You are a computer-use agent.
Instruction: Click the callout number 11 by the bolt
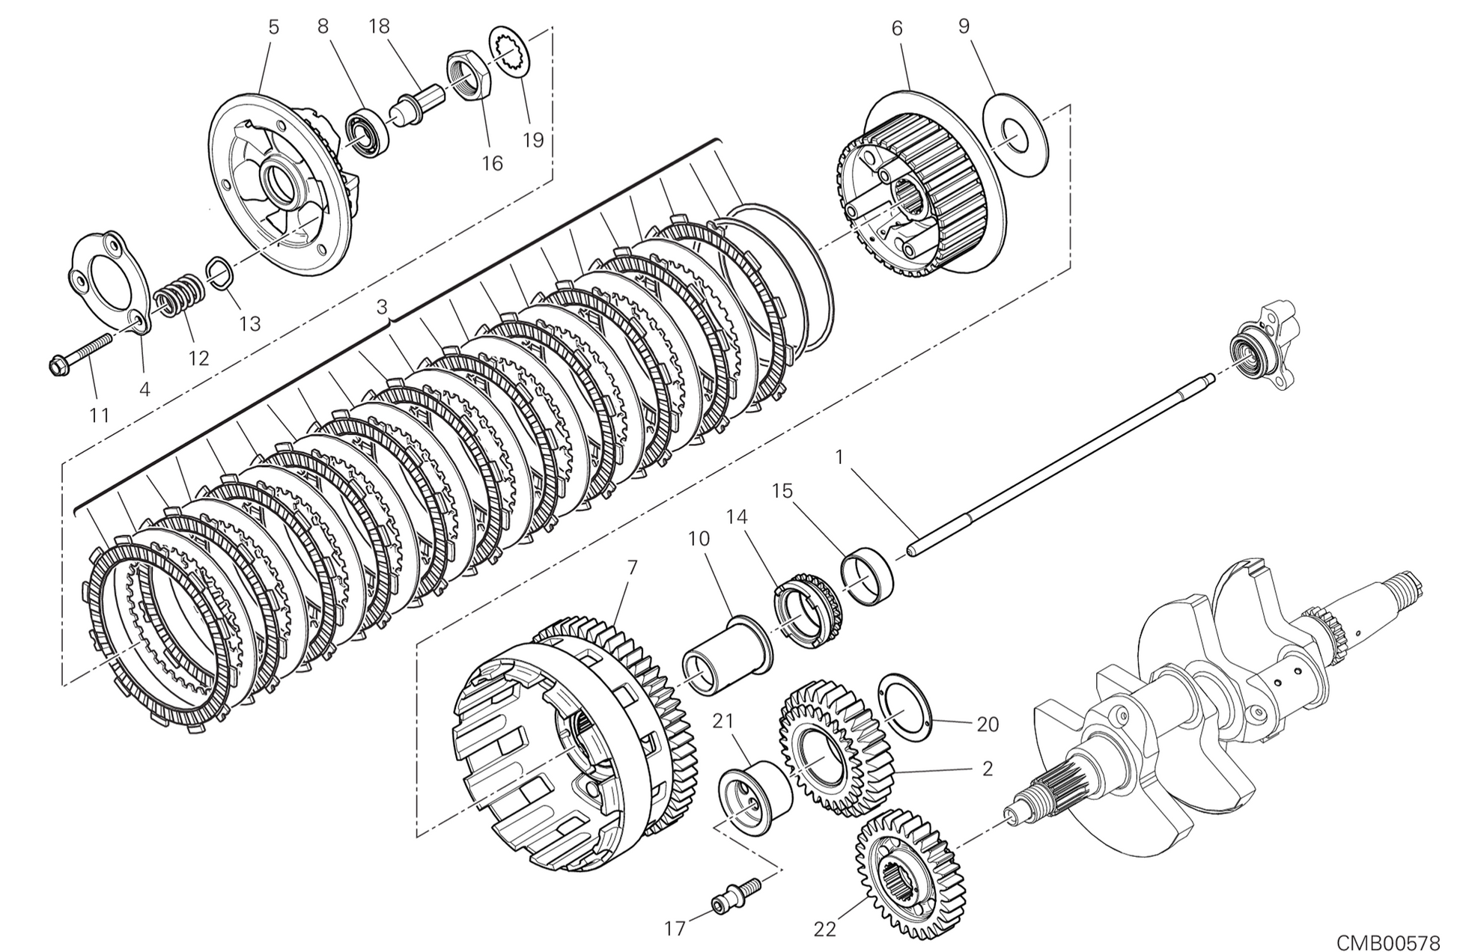pyautogui.click(x=100, y=415)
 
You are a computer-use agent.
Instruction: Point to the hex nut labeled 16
pyautogui.click(x=469, y=76)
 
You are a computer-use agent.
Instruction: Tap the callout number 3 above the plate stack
pyautogui.click(x=382, y=307)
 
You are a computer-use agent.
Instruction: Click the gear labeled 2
pyautogui.click(x=835, y=751)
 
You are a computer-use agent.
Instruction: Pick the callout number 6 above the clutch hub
pyautogui.click(x=897, y=28)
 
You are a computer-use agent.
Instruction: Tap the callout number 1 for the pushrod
pyautogui.click(x=839, y=457)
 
